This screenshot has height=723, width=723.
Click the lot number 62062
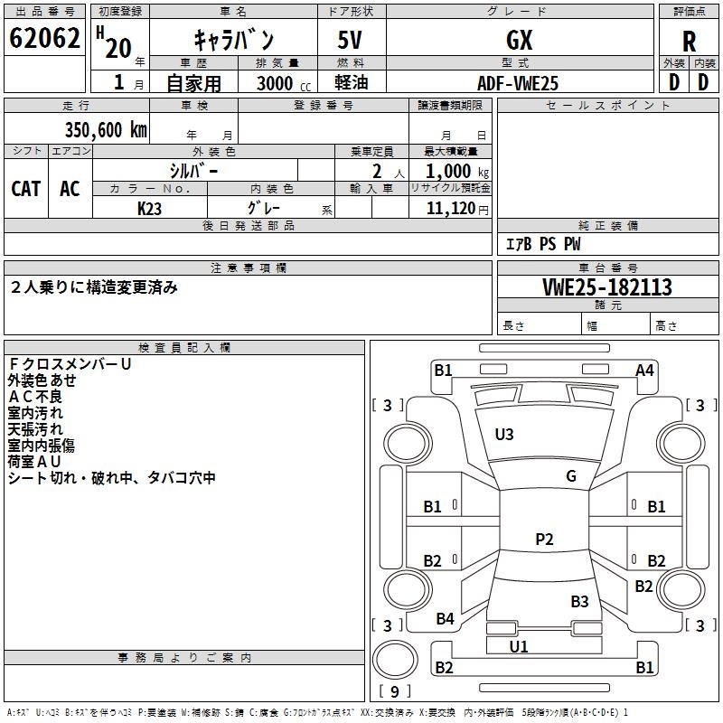click(44, 38)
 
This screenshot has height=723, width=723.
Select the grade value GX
click(519, 40)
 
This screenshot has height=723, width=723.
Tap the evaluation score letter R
click(689, 42)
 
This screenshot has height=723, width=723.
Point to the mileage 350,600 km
click(106, 130)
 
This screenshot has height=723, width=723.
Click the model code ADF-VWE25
click(518, 83)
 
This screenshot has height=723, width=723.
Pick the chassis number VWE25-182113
click(607, 287)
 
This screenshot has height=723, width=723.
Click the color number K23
click(149, 209)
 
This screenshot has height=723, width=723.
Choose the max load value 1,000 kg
click(457, 172)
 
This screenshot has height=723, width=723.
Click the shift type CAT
click(26, 189)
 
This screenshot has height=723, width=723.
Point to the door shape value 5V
click(350, 40)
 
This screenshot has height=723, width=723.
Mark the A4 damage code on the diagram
click(644, 371)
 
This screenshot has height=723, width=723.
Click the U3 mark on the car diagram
click(504, 434)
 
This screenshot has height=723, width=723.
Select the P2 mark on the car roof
click(544, 539)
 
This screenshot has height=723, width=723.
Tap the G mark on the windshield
click(571, 476)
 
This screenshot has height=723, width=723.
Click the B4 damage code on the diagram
click(445, 619)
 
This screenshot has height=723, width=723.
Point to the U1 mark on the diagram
click(519, 646)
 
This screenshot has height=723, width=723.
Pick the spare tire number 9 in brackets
click(395, 691)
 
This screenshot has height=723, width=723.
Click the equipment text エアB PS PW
click(543, 244)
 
